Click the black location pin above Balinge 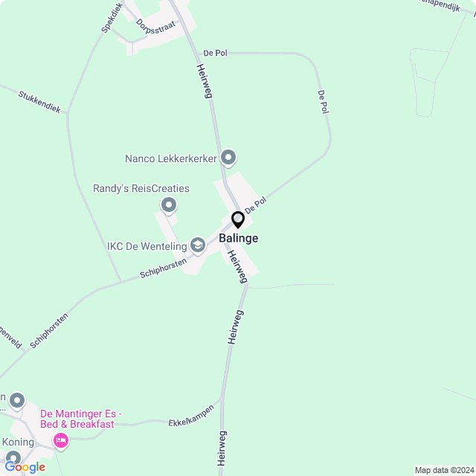pyautogui.click(x=238, y=220)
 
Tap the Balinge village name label pyautogui.click(x=239, y=238)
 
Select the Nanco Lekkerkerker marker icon pyautogui.click(x=229, y=158)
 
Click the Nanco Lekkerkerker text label pyautogui.click(x=171, y=158)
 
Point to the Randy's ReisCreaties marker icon pyautogui.click(x=169, y=205)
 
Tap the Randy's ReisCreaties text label pyautogui.click(x=141, y=189)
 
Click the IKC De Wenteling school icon pyautogui.click(x=198, y=244)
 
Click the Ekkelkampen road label pyautogui.click(x=191, y=414)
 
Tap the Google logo pyautogui.click(x=25, y=466)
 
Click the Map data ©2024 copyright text pyautogui.click(x=444, y=469)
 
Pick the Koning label pyautogui.click(x=19, y=442)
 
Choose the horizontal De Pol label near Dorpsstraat pyautogui.click(x=214, y=54)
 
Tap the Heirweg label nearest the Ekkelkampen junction pyautogui.click(x=222, y=448)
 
